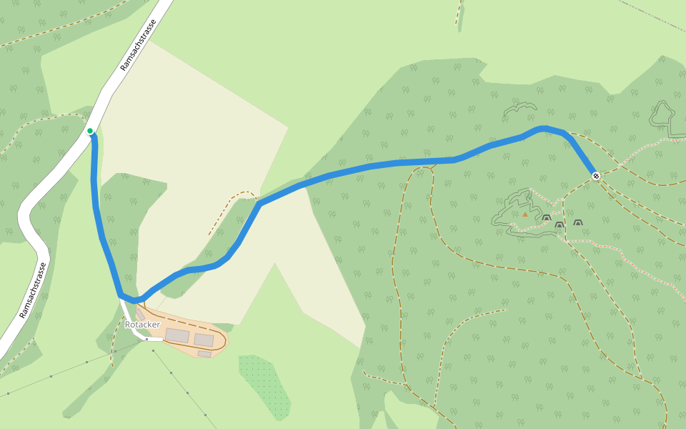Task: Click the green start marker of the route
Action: tap(90, 130)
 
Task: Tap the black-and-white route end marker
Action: tap(595, 175)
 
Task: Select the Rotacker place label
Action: tap(142, 325)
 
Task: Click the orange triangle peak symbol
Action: tap(525, 214)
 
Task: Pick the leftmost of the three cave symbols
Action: tap(546, 218)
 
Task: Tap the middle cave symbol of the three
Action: tap(560, 225)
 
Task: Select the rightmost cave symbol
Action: tap(577, 223)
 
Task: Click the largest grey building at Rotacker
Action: tap(177, 335)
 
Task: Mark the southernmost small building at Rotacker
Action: tap(204, 353)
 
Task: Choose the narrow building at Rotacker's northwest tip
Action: tap(141, 315)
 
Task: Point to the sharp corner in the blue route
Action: tap(260, 204)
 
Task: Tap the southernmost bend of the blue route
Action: tap(133, 300)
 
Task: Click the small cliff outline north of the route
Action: tap(520, 109)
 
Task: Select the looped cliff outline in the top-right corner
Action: tap(663, 114)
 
